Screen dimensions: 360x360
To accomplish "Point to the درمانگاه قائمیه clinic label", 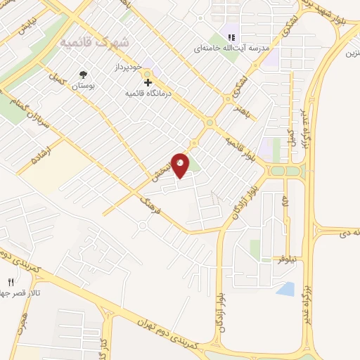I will coord(148,92).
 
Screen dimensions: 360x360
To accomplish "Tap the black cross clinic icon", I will coord(147,82).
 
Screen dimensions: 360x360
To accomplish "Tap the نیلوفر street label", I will coord(281,258).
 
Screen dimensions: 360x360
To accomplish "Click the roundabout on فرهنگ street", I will coord(143,226).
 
